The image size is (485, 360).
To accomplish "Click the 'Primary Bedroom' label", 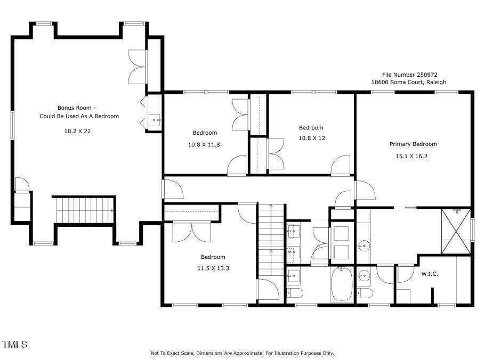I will pos(413,144).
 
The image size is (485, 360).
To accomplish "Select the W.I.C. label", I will pos(430,274).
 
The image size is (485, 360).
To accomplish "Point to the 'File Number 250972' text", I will pos(402,75).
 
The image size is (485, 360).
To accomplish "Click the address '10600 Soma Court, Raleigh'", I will pos(409,82).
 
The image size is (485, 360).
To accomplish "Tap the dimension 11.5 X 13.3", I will pos(213,268).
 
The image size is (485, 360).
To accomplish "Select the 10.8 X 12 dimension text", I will pos(311,138).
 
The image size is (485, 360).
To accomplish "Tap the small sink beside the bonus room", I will pos(155,120).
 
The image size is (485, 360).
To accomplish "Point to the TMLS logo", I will pos(14,345).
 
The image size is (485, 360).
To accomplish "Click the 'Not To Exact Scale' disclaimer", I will pos(242,353).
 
